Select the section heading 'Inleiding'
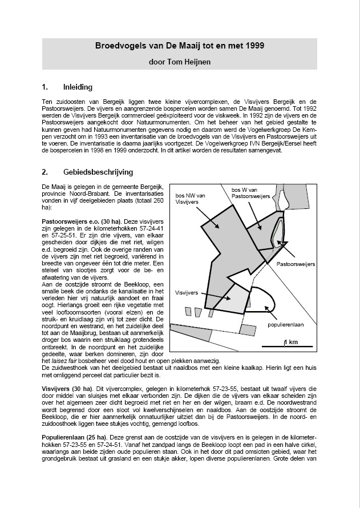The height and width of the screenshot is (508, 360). [x=78, y=88]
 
